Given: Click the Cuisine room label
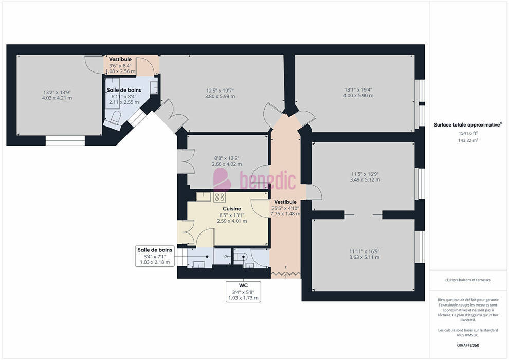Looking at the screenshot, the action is [x=232, y=208].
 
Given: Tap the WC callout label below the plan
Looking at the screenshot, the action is [x=244, y=285].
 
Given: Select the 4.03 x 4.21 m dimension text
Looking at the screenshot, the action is [x=57, y=98].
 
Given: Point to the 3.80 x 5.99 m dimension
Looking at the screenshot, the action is [x=220, y=96].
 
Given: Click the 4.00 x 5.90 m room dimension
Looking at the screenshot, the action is [x=358, y=96].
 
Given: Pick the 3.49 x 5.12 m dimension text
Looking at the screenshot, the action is [x=365, y=179].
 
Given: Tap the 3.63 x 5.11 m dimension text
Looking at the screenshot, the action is [x=364, y=257].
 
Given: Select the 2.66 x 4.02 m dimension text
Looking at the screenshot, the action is [x=227, y=164].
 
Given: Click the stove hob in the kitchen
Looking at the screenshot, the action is [x=220, y=197].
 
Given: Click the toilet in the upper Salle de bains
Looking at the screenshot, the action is [x=116, y=117].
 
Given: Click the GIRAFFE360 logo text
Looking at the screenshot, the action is [x=468, y=345].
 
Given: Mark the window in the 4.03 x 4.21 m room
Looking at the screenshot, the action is [x=65, y=140].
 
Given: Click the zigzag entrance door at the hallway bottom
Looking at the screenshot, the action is [x=286, y=274].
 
